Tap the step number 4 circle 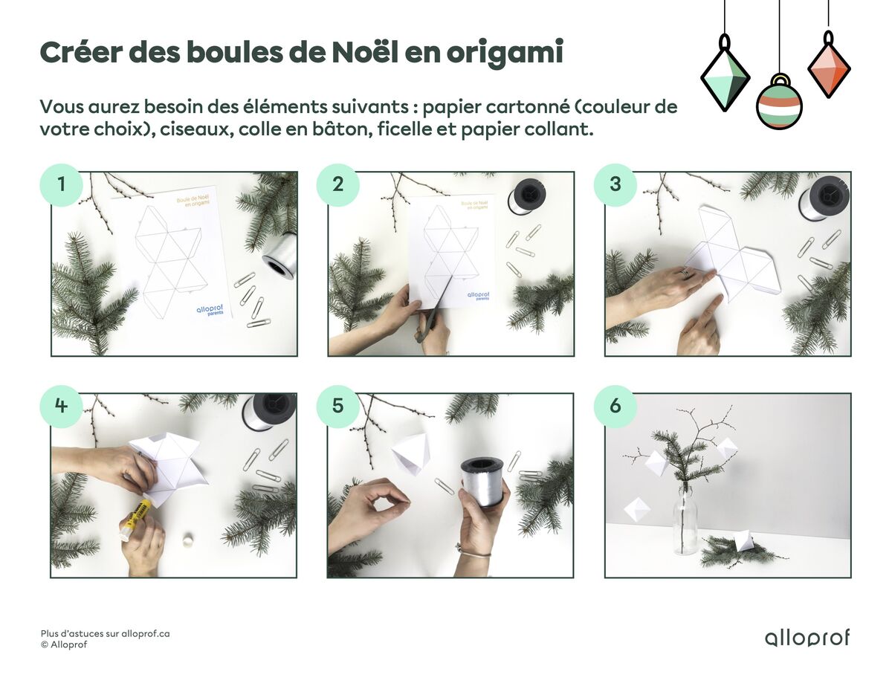coord(60,406)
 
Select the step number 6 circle coord(615,406)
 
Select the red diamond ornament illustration coord(828,65)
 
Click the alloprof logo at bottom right coord(807,638)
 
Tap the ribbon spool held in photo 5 coord(482,480)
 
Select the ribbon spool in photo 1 coord(280,253)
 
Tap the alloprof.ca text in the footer coord(145,633)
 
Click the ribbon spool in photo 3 coord(824,198)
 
